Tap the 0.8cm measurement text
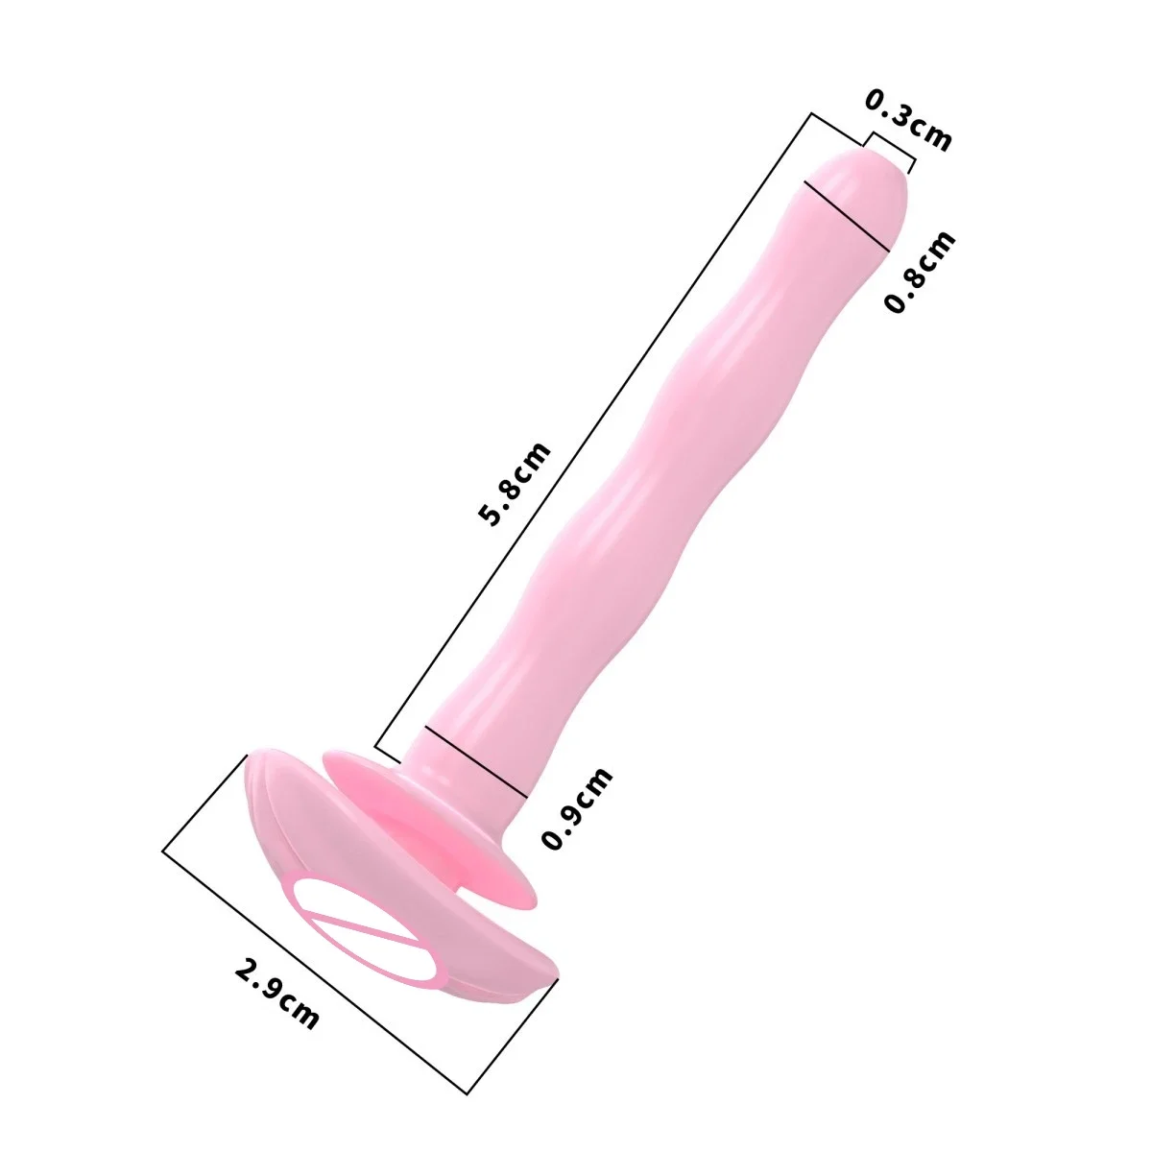click(920, 272)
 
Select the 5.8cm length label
click(516, 484)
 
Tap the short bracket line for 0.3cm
click(891, 149)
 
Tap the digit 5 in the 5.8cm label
click(492, 517)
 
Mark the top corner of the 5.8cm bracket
click(811, 114)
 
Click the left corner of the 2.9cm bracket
click(164, 849)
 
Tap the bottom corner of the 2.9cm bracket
click(468, 1093)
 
